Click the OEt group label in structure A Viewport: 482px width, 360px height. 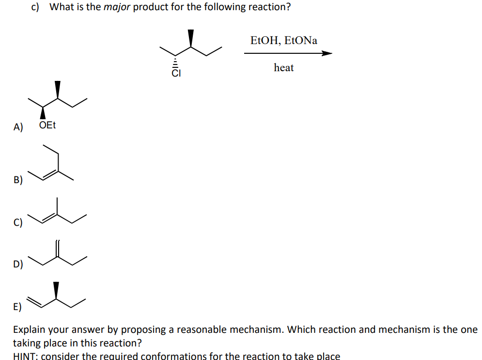pyautogui.click(x=47, y=125)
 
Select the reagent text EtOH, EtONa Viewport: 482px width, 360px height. pyautogui.click(x=284, y=40)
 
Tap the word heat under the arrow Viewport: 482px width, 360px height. pyautogui.click(x=283, y=68)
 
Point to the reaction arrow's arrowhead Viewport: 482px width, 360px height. pyautogui.click(x=327, y=53)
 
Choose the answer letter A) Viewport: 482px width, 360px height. pyautogui.click(x=18, y=127)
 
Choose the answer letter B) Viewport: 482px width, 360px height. pyautogui.click(x=18, y=181)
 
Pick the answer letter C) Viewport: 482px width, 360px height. pyautogui.click(x=18, y=223)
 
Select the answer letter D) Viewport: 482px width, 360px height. pyautogui.click(x=18, y=265)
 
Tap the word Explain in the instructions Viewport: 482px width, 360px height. pyautogui.click(x=30, y=329)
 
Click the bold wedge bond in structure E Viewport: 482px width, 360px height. pyautogui.click(x=57, y=290)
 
